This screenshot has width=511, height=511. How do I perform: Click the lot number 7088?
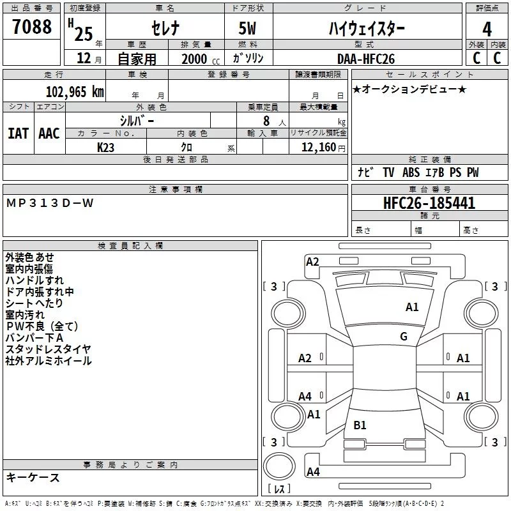click(32, 27)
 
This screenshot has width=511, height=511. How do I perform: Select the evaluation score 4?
click(487, 29)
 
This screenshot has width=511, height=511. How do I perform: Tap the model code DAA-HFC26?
click(366, 58)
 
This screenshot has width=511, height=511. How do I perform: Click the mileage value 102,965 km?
click(75, 91)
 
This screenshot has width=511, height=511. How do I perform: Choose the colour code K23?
click(106, 147)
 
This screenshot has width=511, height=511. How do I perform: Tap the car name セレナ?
click(164, 29)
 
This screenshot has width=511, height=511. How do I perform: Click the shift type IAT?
click(18, 133)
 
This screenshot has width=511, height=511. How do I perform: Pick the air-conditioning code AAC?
click(49, 133)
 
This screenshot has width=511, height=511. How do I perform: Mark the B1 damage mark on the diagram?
click(360, 425)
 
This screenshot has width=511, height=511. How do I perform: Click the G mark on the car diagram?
click(404, 337)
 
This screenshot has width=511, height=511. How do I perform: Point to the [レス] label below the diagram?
click(279, 489)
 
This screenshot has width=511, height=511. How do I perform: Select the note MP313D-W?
click(50, 203)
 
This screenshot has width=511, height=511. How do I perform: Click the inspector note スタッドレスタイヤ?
click(48, 349)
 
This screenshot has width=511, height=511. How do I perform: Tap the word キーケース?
click(33, 478)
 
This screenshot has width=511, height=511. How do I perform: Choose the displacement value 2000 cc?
click(195, 59)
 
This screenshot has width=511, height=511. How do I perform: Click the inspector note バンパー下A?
click(34, 338)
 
